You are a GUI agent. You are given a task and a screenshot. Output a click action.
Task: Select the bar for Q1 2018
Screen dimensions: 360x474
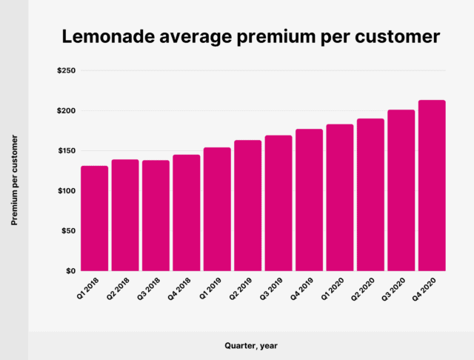pos(95,219)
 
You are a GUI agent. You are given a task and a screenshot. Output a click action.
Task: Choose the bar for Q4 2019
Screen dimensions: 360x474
pos(309,200)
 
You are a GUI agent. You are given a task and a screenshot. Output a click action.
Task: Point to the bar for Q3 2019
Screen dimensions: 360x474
pos(278,203)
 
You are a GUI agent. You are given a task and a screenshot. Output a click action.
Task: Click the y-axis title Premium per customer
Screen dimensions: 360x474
pos(14,180)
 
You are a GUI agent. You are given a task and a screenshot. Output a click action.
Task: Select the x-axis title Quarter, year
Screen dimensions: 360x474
pos(251,344)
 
